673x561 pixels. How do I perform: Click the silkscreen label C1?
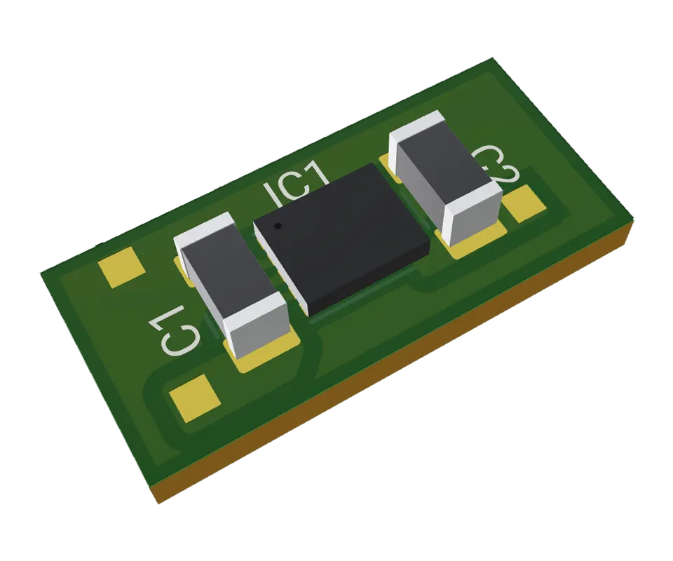tap(176, 329)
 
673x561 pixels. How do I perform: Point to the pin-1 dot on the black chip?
tap(278, 226)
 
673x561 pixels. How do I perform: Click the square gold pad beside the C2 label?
tap(525, 203)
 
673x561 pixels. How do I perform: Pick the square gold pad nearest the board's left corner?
tap(121, 269)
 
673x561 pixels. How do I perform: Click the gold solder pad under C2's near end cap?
tap(477, 241)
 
